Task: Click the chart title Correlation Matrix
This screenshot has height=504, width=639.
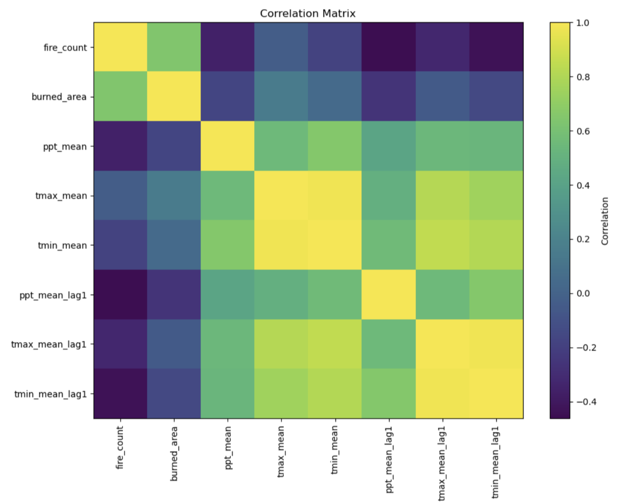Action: coord(308,13)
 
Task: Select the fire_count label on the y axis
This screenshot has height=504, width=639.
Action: coord(65,47)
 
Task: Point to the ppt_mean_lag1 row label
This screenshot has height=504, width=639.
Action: coord(53,295)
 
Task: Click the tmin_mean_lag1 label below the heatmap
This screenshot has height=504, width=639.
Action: coord(496,462)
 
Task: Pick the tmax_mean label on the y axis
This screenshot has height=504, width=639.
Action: coord(61,196)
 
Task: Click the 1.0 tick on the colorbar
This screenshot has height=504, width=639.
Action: coord(583,22)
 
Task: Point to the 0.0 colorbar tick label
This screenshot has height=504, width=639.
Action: coord(583,293)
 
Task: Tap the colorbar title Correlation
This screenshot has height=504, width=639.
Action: coord(605,221)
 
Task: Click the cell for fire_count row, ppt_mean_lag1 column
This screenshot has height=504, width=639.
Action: coord(389,47)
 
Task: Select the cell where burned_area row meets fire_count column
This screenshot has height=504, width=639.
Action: coord(120,97)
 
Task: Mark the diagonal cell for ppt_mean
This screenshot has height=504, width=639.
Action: coord(227,146)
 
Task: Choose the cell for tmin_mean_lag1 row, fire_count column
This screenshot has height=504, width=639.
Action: coord(120,394)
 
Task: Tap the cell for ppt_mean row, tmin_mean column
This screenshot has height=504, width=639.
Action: coord(335,146)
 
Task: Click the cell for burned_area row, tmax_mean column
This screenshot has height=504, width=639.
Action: coord(281,97)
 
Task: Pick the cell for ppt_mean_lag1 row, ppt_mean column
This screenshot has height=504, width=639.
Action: coord(227,295)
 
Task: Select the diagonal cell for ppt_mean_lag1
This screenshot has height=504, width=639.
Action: coord(389,295)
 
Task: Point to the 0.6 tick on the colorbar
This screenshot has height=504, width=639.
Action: coord(583,131)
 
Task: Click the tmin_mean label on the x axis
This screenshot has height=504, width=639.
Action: coord(335,450)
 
